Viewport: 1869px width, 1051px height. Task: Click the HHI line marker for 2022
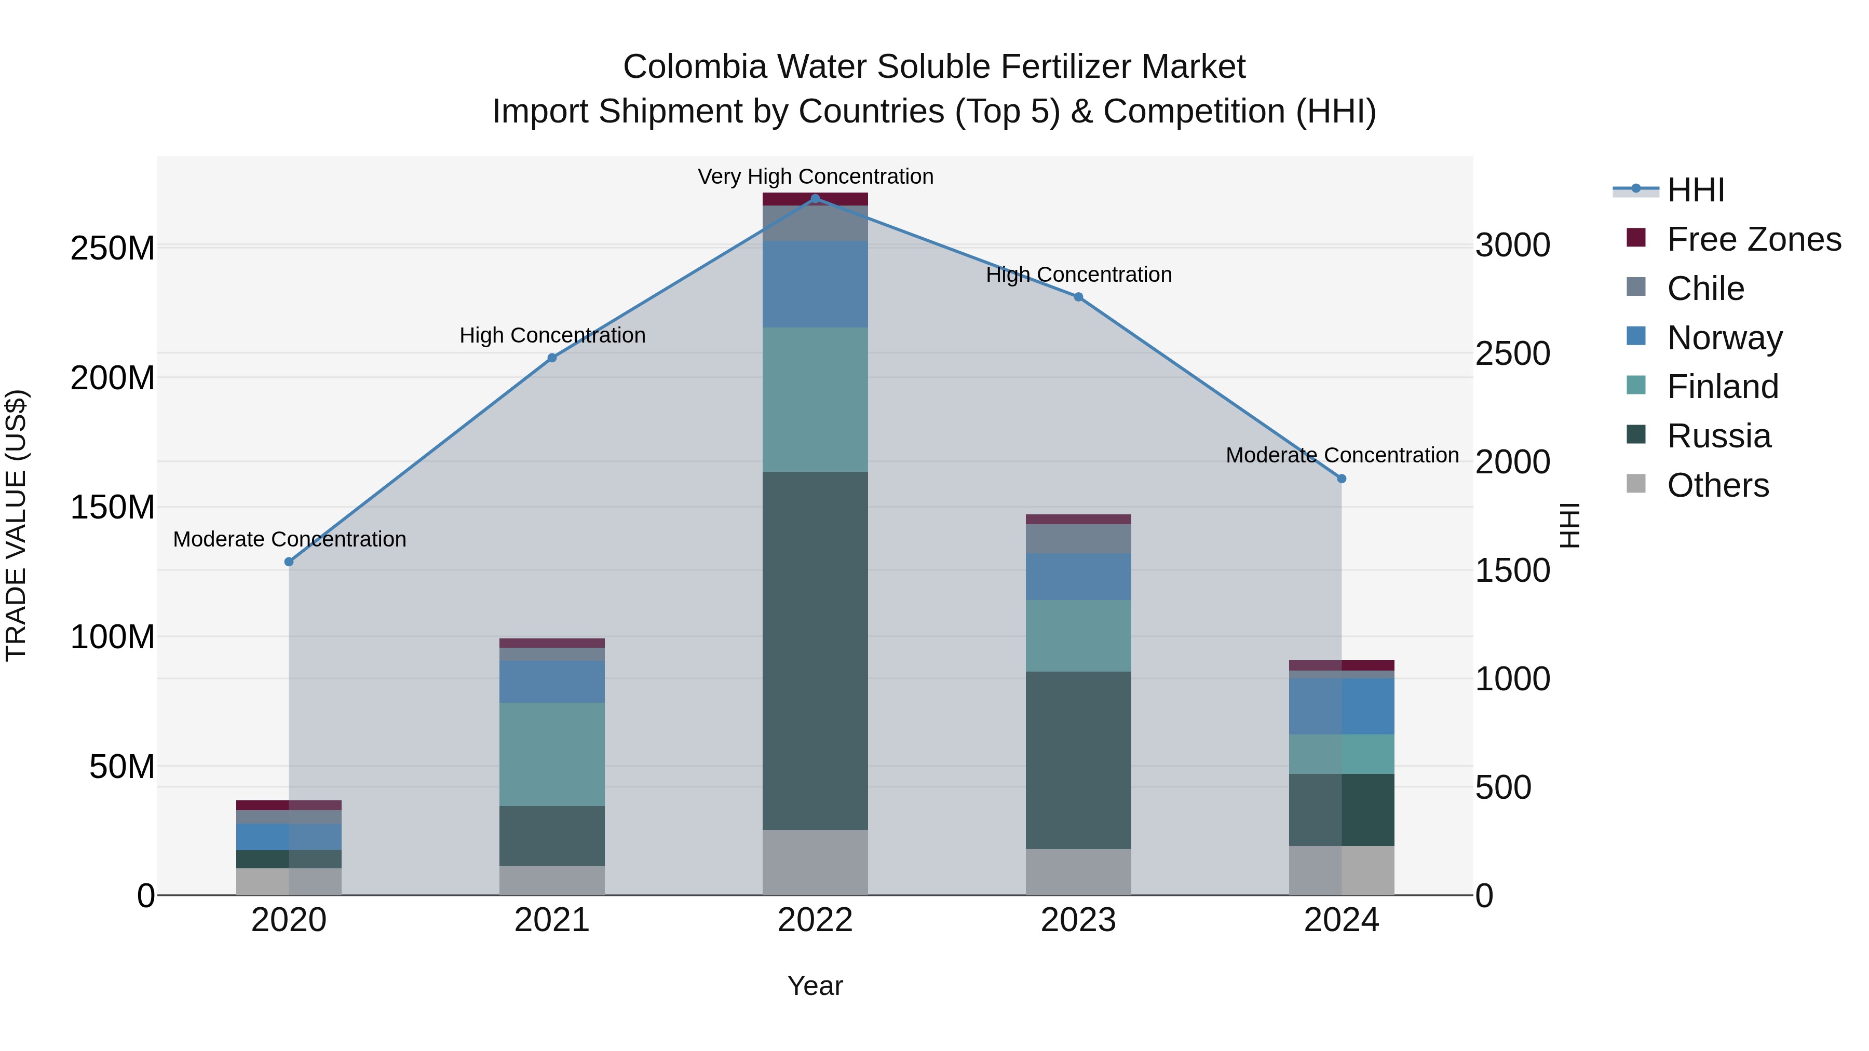click(815, 199)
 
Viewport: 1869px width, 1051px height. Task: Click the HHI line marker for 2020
click(289, 562)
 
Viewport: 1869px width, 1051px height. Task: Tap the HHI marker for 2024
click(1342, 479)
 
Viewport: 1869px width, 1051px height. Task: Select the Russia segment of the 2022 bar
click(815, 651)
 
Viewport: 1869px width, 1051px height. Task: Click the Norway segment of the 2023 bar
click(1078, 576)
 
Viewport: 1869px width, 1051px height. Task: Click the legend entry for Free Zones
click(1754, 239)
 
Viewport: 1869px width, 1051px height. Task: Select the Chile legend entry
click(1705, 289)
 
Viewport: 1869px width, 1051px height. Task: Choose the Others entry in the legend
click(1717, 485)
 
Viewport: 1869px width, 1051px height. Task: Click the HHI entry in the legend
click(1696, 190)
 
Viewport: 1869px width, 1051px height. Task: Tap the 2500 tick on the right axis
click(1513, 354)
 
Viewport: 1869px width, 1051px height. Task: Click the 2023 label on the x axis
click(1078, 920)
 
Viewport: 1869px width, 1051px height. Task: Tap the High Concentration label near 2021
click(552, 335)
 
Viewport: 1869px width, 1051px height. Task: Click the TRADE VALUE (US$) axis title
click(16, 525)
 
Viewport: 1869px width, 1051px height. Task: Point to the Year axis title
click(815, 986)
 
